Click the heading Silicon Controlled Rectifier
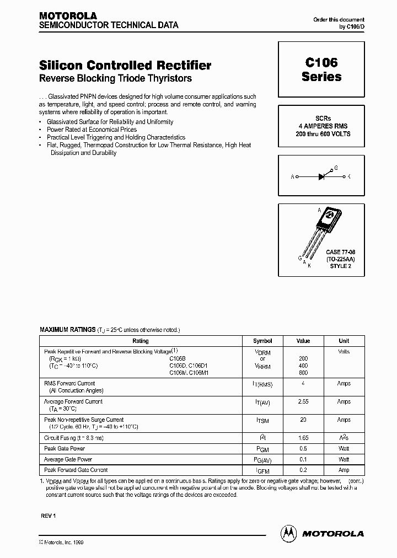point(125,65)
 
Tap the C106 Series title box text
point(321,70)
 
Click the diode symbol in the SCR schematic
point(323,176)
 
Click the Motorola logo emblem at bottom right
point(288,533)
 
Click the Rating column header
point(141,341)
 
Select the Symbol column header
point(262,341)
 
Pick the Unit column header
point(344,341)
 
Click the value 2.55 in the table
point(303,402)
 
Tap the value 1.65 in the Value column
point(303,438)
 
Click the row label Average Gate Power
point(68,459)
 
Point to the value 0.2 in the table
point(303,470)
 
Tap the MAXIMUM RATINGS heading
point(67,329)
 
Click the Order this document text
point(339,19)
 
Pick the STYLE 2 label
point(340,266)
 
